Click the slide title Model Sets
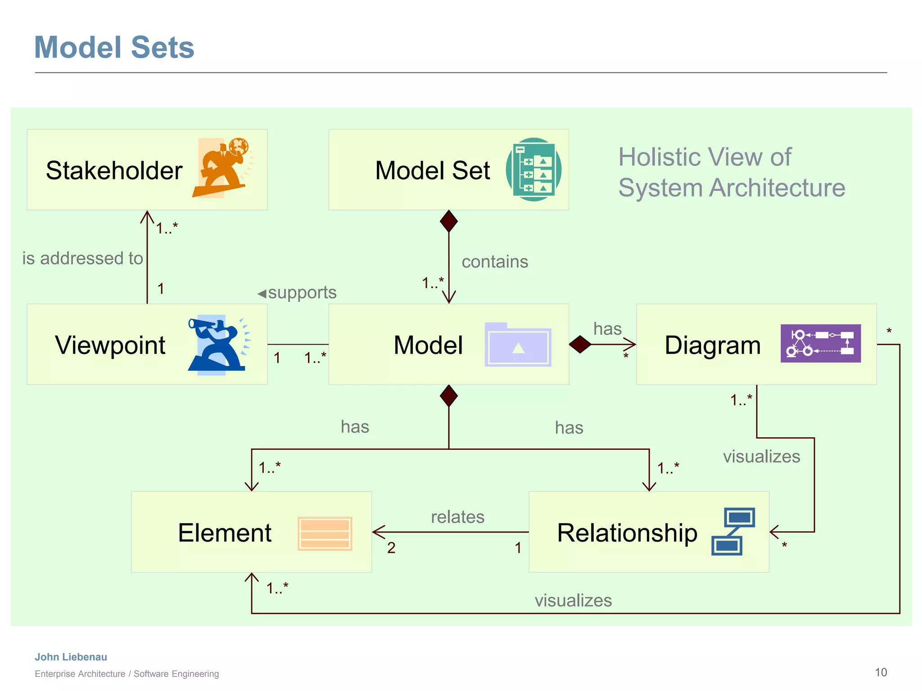pyautogui.click(x=114, y=47)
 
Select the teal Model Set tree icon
pyautogui.click(x=533, y=170)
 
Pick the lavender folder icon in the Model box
pyautogui.click(x=518, y=345)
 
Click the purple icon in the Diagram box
pyautogui.click(x=820, y=343)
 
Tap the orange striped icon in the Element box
pyautogui.click(x=325, y=534)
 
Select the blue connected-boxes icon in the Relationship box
pyautogui.click(x=733, y=531)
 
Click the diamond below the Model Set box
pyautogui.click(x=449, y=221)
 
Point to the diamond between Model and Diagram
pyautogui.click(x=580, y=345)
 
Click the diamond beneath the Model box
pyautogui.click(x=449, y=396)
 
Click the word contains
pyautogui.click(x=495, y=262)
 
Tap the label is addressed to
pyautogui.click(x=83, y=258)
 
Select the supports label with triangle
pyautogui.click(x=297, y=293)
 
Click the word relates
pyautogui.click(x=457, y=517)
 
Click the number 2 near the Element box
pyautogui.click(x=391, y=547)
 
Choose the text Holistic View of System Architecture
pyautogui.click(x=731, y=172)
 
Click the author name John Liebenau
pyautogui.click(x=71, y=657)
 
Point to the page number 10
pyautogui.click(x=881, y=672)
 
